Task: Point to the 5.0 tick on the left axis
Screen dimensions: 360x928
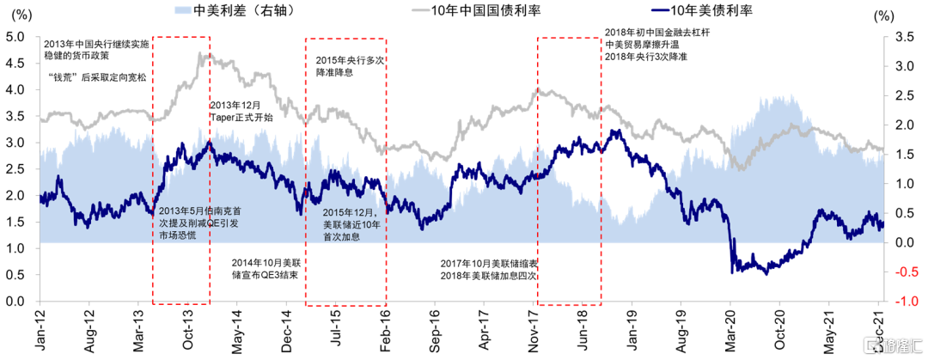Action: coord(15,37)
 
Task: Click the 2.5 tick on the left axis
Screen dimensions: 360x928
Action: coord(15,169)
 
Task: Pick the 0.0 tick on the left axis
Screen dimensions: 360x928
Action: coord(15,302)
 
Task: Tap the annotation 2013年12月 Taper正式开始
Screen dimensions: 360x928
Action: coord(241,111)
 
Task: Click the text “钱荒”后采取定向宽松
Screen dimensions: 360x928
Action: coord(98,77)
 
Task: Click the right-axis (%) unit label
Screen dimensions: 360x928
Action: coord(882,15)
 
